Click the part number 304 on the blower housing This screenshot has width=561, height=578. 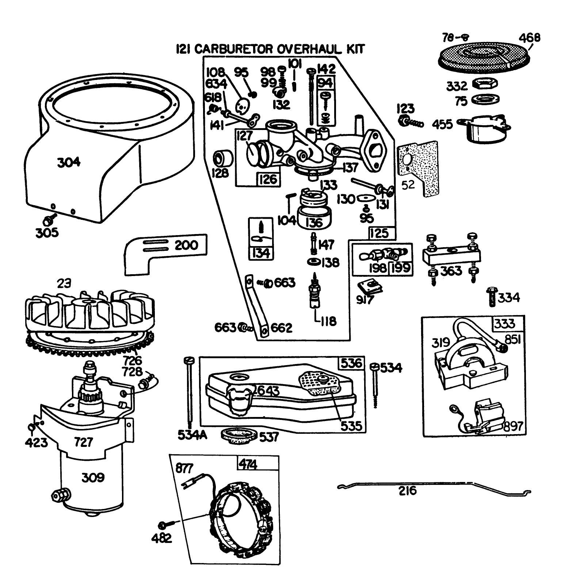pos(69,162)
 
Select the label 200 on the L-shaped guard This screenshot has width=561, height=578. pos(186,245)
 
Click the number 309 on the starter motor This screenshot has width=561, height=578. pos(93,477)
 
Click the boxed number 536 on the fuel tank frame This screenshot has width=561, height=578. pos(352,363)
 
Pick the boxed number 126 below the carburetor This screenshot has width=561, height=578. pos(269,179)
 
